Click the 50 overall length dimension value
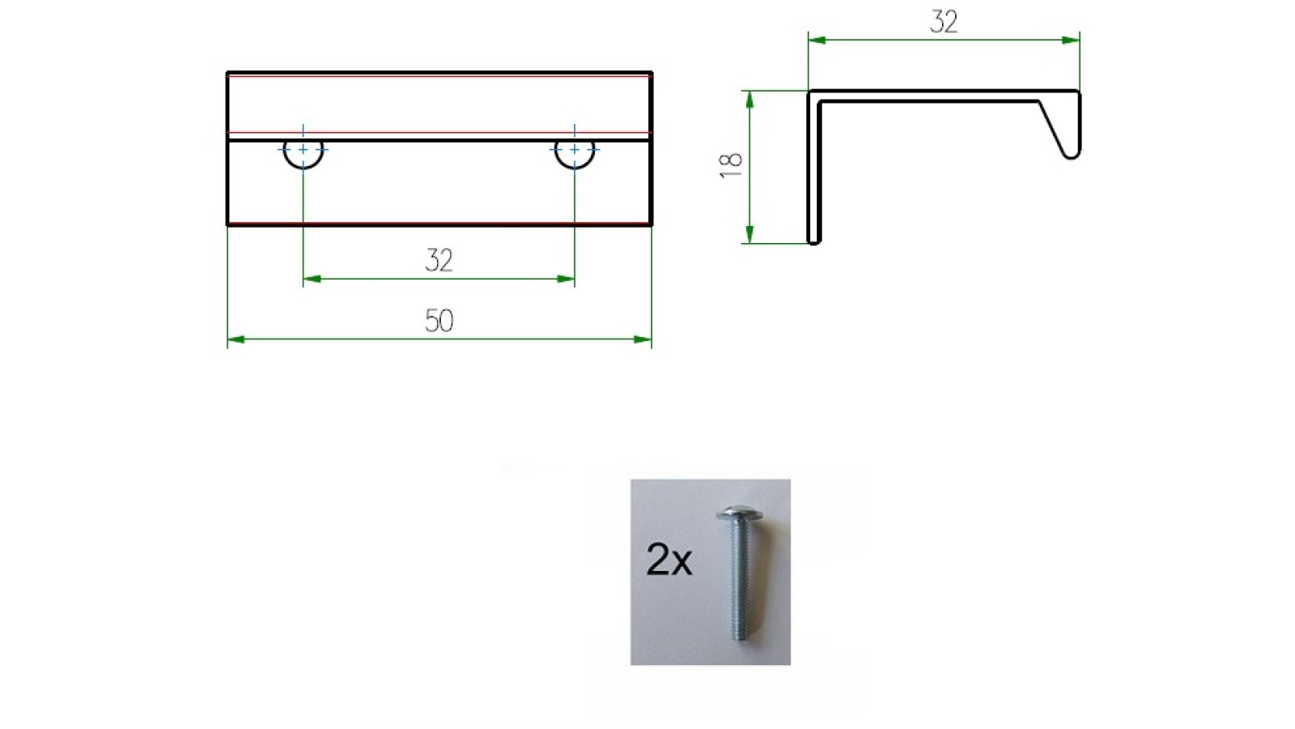click(439, 321)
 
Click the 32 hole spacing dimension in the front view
click(439, 260)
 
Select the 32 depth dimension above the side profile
click(944, 22)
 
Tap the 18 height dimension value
click(731, 164)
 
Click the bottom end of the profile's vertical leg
click(814, 240)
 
